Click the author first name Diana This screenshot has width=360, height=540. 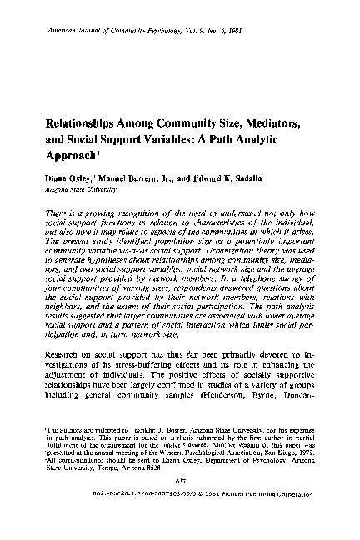click(x=45, y=177)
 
